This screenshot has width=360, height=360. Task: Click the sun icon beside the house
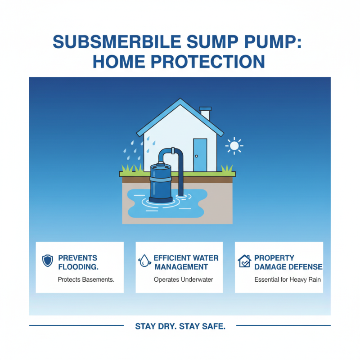(234, 145)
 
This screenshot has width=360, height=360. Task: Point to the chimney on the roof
(205, 113)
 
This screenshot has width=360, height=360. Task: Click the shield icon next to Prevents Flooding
(47, 261)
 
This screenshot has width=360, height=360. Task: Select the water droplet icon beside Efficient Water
(144, 261)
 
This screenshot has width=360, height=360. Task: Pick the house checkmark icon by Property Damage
(243, 261)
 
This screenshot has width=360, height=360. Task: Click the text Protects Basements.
(86, 279)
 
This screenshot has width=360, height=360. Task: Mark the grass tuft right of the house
(227, 168)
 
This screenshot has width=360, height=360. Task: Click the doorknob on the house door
(197, 156)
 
